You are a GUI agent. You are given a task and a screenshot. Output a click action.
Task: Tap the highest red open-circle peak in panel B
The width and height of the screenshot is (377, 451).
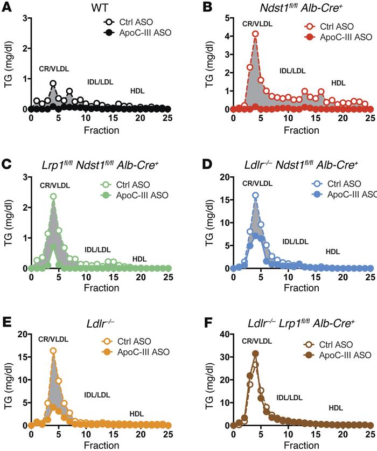pyautogui.click(x=255, y=34)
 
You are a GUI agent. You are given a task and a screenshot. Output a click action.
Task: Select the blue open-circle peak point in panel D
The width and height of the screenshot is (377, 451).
pyautogui.click(x=255, y=195)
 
